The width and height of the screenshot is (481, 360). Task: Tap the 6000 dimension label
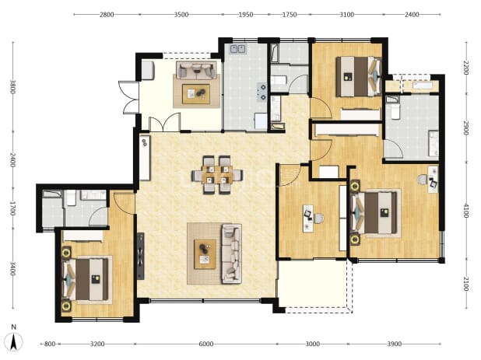[x=205, y=344]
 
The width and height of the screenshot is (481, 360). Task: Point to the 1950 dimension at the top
[x=246, y=15]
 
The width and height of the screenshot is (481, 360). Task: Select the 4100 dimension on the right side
[x=465, y=211]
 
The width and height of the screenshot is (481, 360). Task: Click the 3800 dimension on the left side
[x=13, y=87]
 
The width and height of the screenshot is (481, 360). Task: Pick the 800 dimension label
[x=50, y=344]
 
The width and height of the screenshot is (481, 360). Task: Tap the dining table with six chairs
[x=217, y=175]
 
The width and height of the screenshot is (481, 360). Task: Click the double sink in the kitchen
[x=238, y=49]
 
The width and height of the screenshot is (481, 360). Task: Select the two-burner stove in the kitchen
[x=262, y=92]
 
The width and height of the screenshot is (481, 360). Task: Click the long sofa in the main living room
[x=231, y=253]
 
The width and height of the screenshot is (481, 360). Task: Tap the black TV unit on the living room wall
[x=141, y=256]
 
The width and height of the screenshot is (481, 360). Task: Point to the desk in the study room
[x=308, y=218]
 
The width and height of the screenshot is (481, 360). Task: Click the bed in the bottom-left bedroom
[x=88, y=279]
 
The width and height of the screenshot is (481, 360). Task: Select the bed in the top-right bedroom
[x=358, y=76]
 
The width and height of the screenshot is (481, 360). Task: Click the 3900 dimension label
[x=394, y=344]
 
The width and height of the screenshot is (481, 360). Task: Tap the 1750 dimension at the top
[x=290, y=15]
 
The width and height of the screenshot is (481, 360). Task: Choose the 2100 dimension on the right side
[x=465, y=284]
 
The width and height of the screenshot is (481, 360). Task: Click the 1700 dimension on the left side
[x=13, y=208]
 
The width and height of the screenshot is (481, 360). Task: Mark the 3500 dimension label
[x=181, y=15]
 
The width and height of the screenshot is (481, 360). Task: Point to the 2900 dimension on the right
[x=465, y=128]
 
